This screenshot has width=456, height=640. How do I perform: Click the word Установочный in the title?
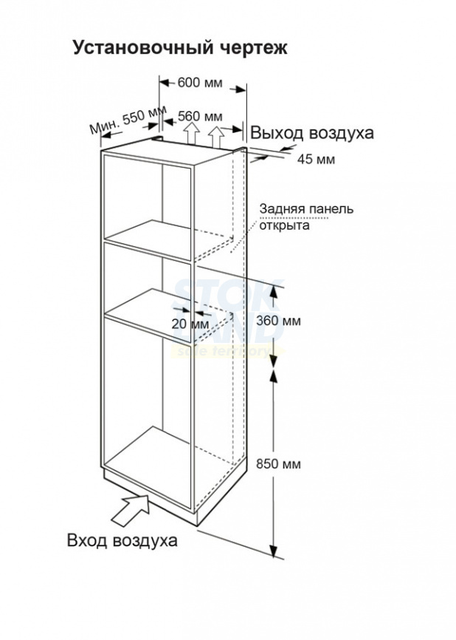coord(143,47)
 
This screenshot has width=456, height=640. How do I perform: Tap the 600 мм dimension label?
coord(200,83)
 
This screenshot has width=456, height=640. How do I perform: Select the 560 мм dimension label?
coord(201,116)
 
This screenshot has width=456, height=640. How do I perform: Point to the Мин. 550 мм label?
coord(128,119)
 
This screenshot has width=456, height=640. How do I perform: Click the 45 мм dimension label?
coord(316,159)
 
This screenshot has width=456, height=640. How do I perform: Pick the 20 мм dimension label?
coord(190,324)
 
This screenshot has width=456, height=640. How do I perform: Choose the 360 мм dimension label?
coord(278,321)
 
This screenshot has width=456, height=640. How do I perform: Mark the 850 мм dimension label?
coord(278,463)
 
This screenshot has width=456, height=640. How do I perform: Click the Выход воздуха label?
coord(311,134)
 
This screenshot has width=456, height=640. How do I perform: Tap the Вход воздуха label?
coord(122,540)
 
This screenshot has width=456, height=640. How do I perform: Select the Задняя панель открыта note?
coord(306,217)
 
